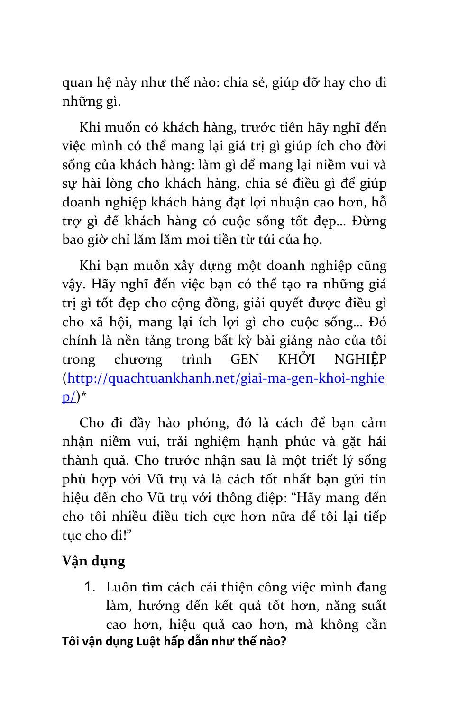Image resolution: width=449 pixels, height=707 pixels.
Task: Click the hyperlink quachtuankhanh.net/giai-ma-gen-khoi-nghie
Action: point(226,378)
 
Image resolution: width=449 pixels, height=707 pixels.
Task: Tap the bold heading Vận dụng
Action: point(93,561)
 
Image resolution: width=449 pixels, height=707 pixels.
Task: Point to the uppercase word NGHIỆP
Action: point(360,359)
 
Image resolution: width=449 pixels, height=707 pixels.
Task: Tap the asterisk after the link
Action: point(84,397)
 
